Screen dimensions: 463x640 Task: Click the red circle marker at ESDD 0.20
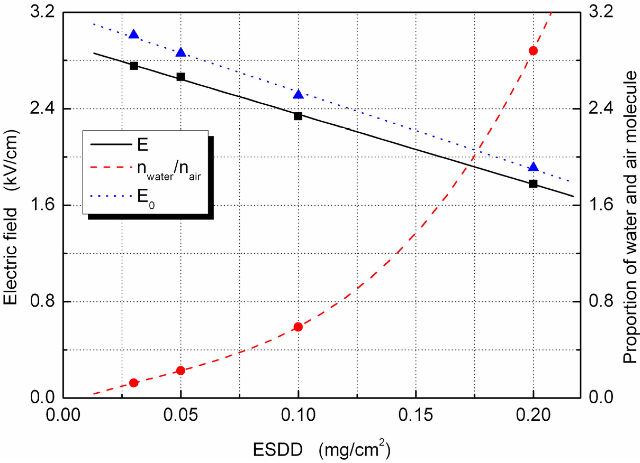point(533,51)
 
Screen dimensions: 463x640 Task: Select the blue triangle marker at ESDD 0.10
point(298,94)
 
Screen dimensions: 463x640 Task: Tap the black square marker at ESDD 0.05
point(181,77)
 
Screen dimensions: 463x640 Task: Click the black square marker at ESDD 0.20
point(533,184)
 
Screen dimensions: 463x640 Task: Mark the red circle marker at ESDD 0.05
point(181,370)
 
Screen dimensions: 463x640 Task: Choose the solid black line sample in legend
point(111,144)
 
